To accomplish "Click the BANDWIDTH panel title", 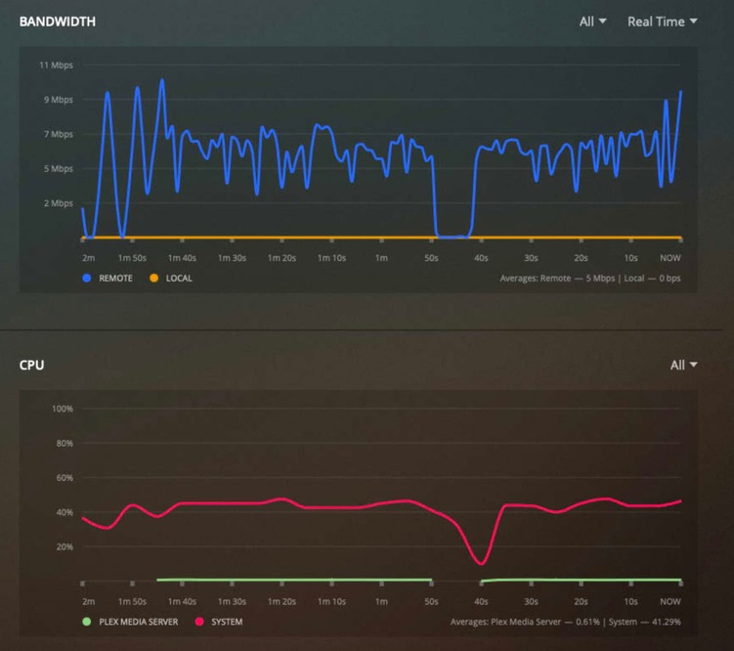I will pyautogui.click(x=58, y=22).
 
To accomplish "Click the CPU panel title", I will pyautogui.click(x=31, y=366).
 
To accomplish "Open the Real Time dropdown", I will pyautogui.click(x=662, y=22).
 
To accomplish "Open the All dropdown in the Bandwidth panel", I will pyautogui.click(x=592, y=22).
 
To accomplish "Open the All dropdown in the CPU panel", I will pyautogui.click(x=683, y=366).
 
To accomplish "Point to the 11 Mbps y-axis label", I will pyautogui.click(x=56, y=65).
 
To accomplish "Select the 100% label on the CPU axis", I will pyautogui.click(x=62, y=408).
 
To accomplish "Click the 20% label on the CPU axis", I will pyautogui.click(x=64, y=546).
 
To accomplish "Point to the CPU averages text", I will pyautogui.click(x=566, y=622).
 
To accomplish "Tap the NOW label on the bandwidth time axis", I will pyautogui.click(x=670, y=258).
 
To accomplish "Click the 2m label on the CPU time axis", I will pyautogui.click(x=89, y=601).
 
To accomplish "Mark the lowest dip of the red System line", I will pyautogui.click(x=480, y=563).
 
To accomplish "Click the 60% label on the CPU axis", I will pyautogui.click(x=64, y=477).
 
